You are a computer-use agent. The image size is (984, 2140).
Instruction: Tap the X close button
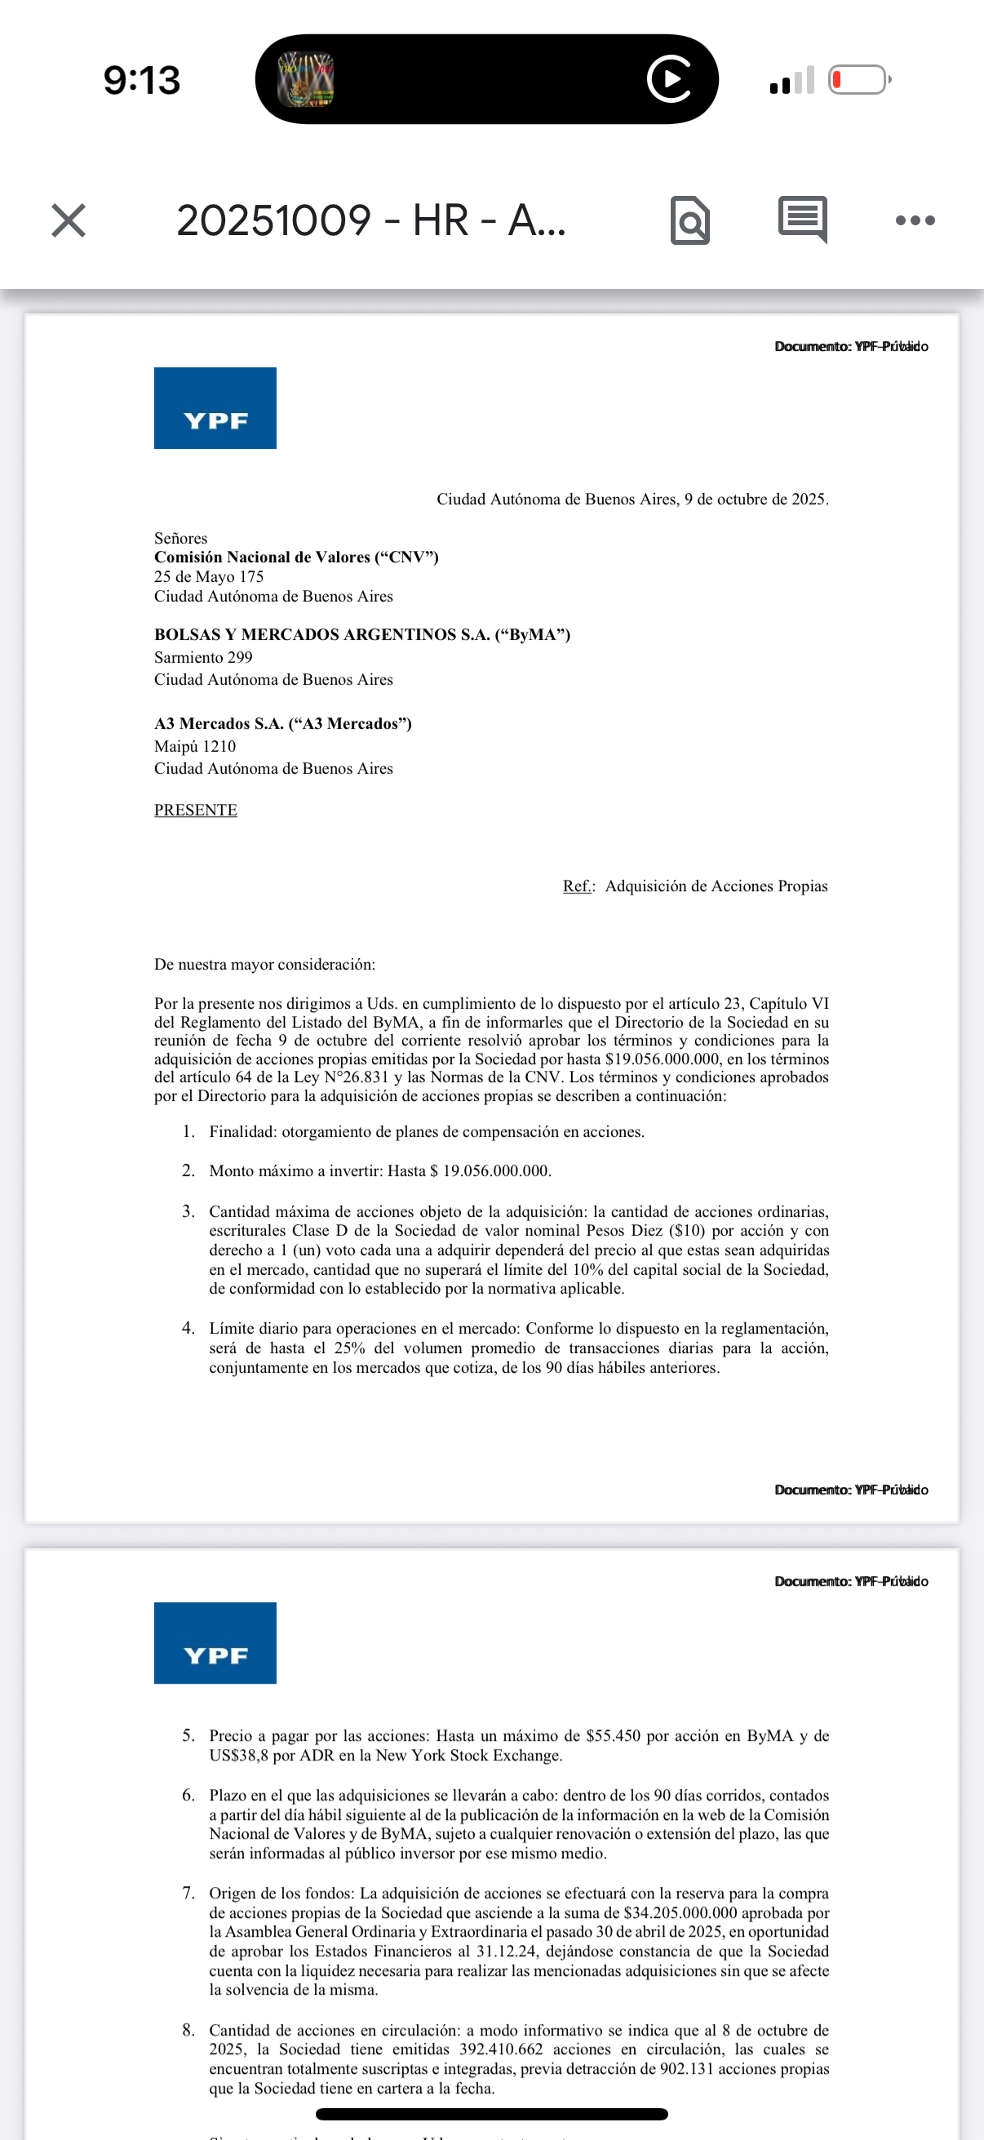coord(68,220)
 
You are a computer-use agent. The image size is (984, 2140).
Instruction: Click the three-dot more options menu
coord(915,220)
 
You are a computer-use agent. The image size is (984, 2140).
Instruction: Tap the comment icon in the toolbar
coord(802,220)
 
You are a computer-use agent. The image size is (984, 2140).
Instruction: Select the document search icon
coord(690,220)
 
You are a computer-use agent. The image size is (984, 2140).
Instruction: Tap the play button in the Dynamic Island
coord(669,80)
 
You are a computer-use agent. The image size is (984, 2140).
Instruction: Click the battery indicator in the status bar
coord(858,80)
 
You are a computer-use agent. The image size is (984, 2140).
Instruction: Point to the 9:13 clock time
coord(142,81)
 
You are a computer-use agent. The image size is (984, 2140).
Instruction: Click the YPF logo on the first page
coord(215,408)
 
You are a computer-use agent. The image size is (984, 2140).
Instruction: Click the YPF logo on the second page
coord(215,1642)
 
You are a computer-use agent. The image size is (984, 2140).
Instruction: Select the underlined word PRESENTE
coord(195,810)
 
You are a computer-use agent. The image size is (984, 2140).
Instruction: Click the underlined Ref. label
coord(578,886)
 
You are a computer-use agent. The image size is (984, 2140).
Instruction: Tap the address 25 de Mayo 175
coord(208,576)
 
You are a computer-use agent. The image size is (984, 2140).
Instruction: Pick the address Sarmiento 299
coord(203,657)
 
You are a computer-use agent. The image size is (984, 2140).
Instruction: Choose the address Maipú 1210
coord(195,746)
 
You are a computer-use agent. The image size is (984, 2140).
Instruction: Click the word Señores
coord(180,539)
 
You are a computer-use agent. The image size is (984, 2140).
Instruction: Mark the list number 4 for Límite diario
coord(188,1329)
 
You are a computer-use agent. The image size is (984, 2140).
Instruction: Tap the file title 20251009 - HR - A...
coord(371,220)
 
